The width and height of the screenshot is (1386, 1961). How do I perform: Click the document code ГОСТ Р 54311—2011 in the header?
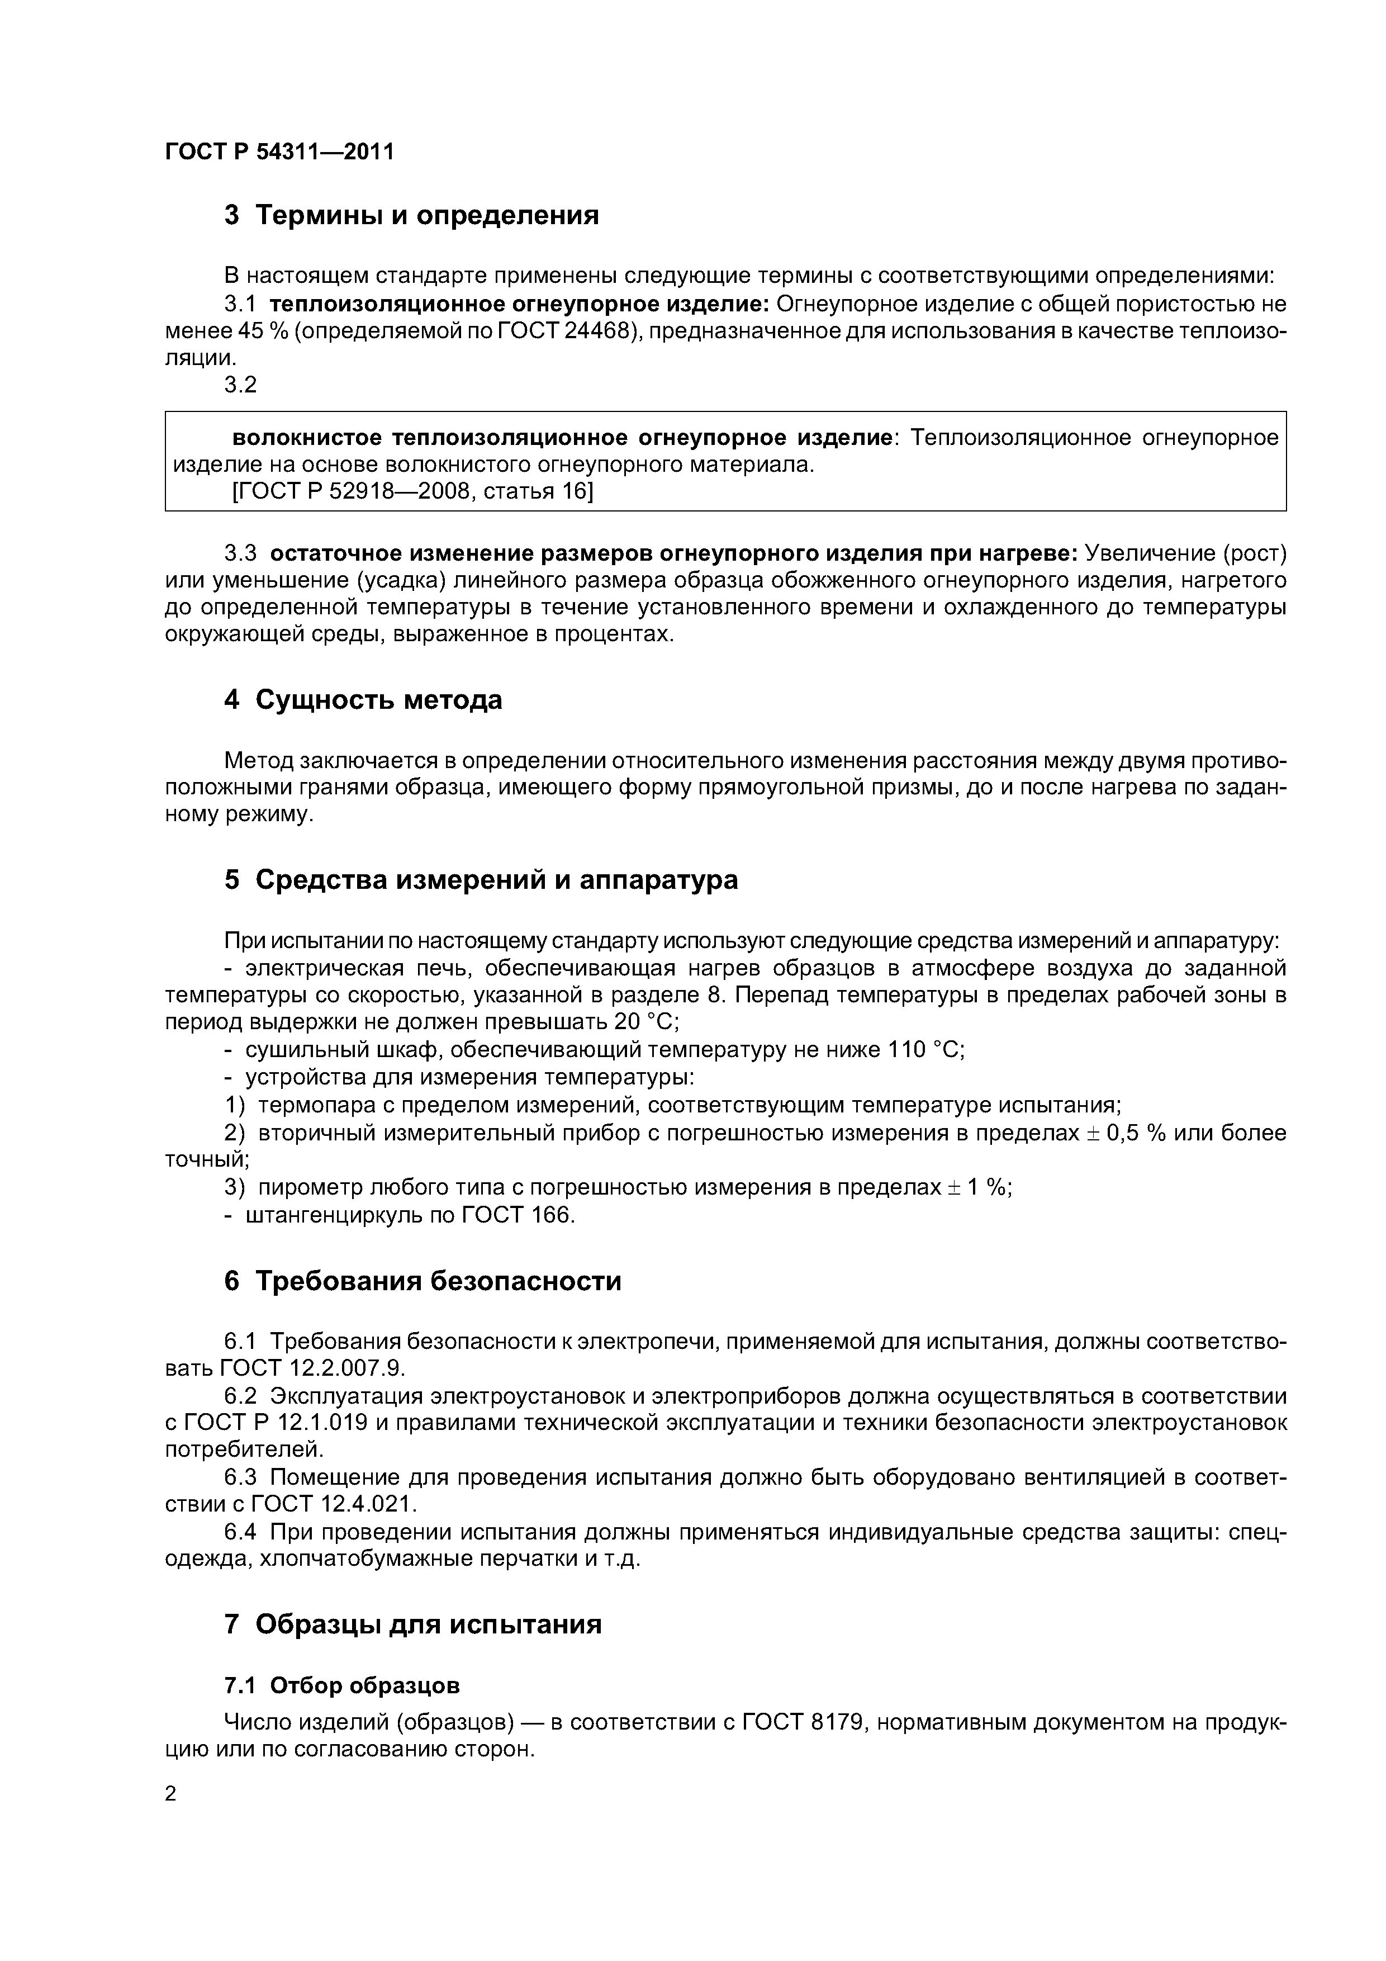click(x=279, y=152)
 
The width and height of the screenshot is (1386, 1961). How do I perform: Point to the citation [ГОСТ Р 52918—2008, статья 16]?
click(x=412, y=491)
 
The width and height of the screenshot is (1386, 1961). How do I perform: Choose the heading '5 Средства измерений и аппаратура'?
click(x=481, y=880)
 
